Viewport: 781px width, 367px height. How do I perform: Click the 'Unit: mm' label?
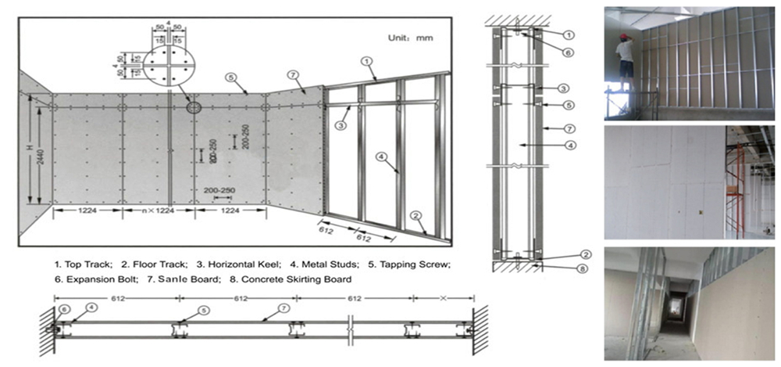pos(411,37)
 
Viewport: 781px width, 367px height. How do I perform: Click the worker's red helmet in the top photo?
pos(624,36)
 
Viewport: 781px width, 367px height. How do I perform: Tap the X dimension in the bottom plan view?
pos(443,298)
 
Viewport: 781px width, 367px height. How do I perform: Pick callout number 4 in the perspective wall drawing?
pos(381,157)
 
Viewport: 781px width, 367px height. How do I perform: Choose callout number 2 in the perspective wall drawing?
pos(417,215)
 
